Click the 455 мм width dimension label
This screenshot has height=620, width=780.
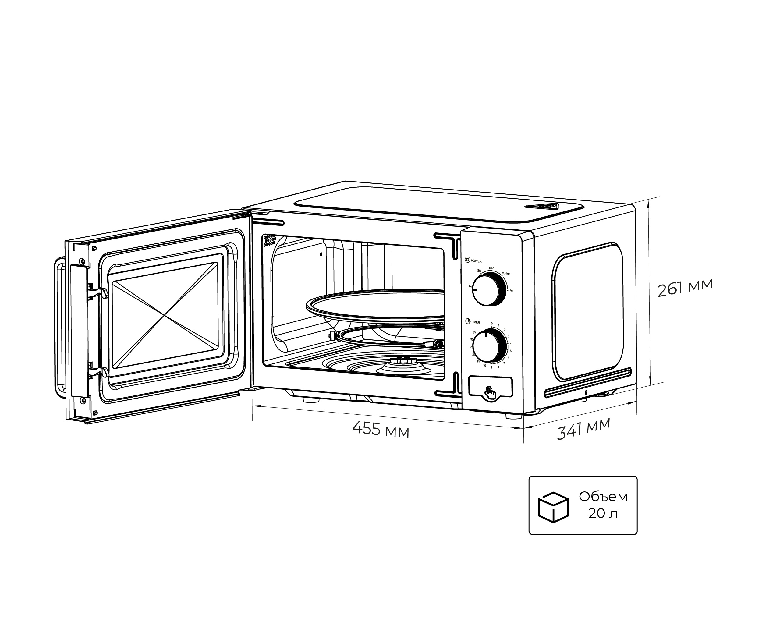381,430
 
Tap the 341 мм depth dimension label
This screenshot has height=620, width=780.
583,429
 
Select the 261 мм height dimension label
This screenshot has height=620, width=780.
685,288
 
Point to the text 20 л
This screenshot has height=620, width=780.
602,514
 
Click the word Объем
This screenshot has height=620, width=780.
603,497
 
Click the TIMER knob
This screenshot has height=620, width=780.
488,346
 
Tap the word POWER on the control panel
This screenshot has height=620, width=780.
476,261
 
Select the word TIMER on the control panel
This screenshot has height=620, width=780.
475,322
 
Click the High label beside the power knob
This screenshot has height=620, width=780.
511,290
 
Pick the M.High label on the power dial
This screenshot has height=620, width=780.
506,274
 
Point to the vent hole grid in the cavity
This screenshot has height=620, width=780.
270,241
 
